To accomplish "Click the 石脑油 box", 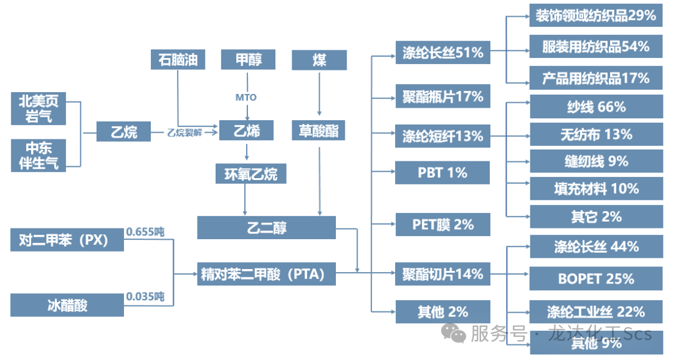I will coord(178,60).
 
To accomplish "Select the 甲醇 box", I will coord(249,60).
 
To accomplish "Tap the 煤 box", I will coord(319,60).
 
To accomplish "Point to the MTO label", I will coord(246,97).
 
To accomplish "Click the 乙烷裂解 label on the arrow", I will coord(185,132).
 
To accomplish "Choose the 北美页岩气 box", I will coord(39,108).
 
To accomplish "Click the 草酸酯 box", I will coord(319,131).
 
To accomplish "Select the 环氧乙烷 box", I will coord(251,173).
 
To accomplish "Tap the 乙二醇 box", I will coord(266,227).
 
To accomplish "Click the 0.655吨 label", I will coord(145,232).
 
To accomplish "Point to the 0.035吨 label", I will coord(145,296).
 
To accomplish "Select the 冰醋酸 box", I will coord(67,305).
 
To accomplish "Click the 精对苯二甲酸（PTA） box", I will coord(266,273).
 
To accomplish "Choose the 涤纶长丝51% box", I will coord(443,52).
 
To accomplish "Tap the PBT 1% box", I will coord(443,173).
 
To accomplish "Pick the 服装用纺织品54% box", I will coord(596,47).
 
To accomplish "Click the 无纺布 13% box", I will coord(596,134).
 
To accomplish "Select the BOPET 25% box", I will coord(596,278).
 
